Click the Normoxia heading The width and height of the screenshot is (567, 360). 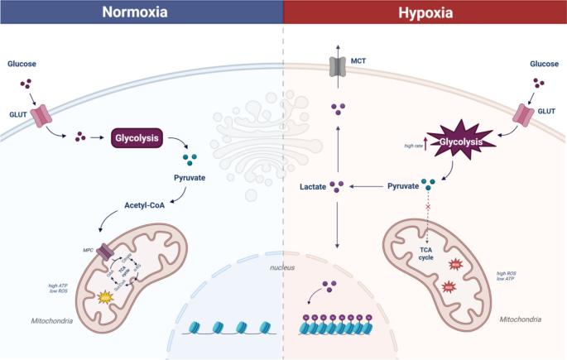pos(142,12)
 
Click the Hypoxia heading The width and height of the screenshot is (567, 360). pos(425,12)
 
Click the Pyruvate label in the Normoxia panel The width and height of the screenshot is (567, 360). pos(189,178)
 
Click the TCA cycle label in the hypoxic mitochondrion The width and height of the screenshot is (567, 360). pos(426,252)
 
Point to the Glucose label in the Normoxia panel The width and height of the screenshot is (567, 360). pos(23,64)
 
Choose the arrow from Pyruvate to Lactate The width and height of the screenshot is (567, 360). pos(365,187)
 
